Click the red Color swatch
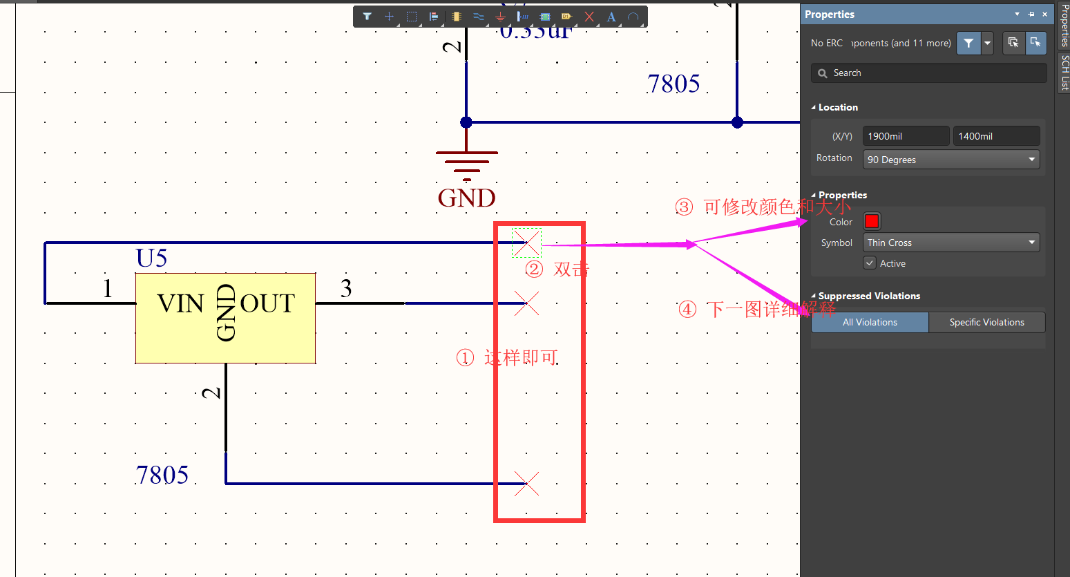872,221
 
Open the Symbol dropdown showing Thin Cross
951,243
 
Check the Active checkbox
870,263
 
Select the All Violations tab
870,322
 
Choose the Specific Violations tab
986,322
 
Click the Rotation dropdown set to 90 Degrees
951,160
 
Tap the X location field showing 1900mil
906,136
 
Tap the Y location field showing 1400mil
995,136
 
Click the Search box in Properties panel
929,73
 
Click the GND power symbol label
467,198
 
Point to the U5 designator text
152,258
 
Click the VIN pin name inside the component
180,303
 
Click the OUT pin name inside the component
267,303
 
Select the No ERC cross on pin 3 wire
526,303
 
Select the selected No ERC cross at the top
526,243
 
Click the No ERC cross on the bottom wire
526,483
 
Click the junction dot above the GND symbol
466,122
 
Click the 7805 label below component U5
162,475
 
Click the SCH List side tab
1064,73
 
